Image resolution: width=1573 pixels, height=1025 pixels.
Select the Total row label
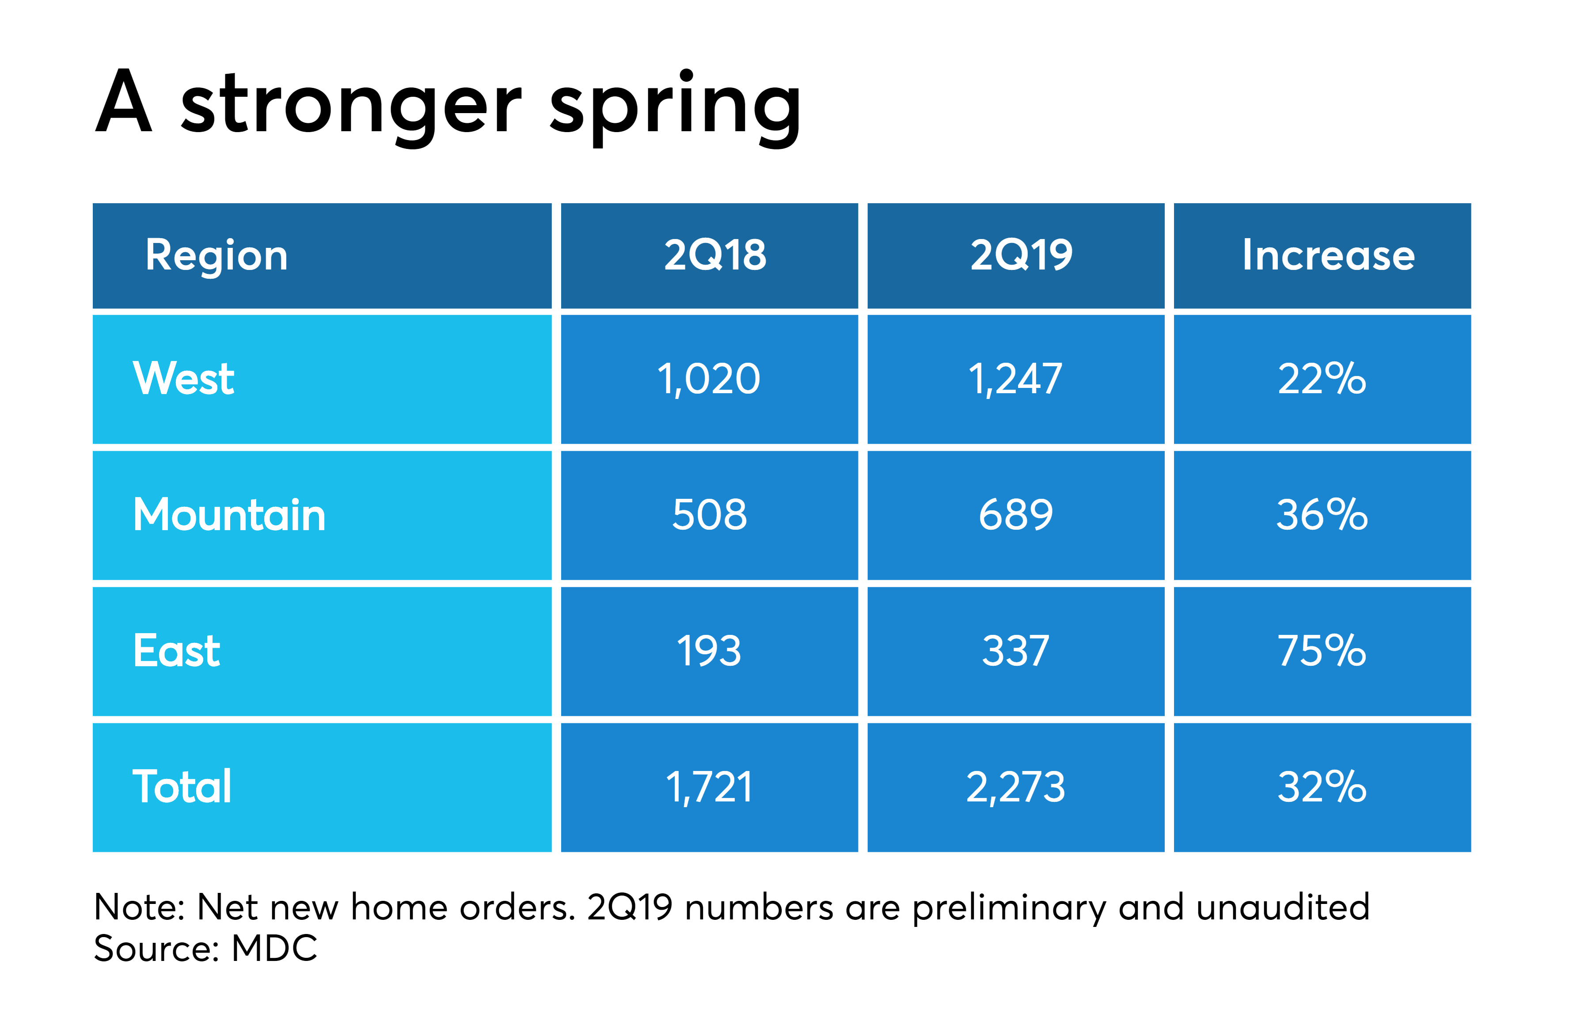click(182, 787)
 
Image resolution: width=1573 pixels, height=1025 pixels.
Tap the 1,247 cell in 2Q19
click(1015, 380)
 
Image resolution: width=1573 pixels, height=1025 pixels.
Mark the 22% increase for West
click(1322, 380)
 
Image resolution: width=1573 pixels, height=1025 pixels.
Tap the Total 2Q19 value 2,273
click(1015, 787)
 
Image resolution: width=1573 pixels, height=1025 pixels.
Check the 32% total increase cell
click(1322, 787)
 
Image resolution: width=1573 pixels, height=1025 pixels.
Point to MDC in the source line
click(274, 948)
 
